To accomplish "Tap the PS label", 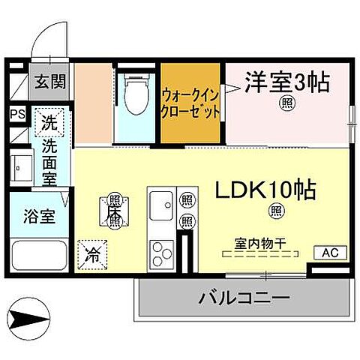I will [x=16, y=114].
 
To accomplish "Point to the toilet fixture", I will [x=137, y=97].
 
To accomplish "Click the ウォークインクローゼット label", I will [x=190, y=103].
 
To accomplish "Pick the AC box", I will [x=331, y=253].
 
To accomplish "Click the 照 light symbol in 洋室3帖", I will [x=286, y=103].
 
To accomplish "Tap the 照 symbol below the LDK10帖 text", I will [x=277, y=211].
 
